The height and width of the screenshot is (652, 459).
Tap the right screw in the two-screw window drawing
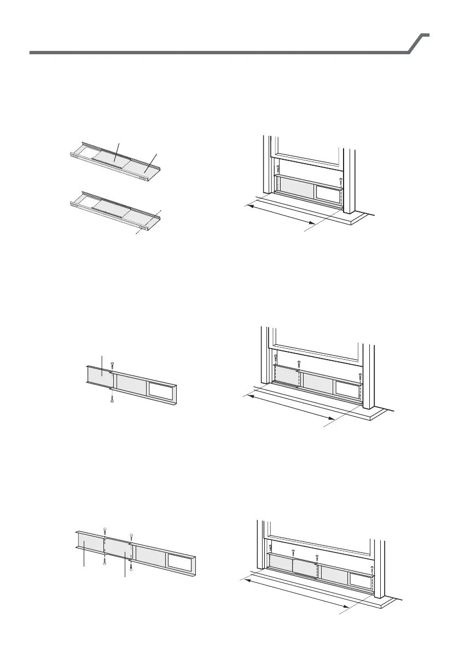point(341,180)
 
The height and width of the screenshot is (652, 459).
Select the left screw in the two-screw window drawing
point(278,169)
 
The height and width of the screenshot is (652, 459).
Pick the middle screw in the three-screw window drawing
point(299,363)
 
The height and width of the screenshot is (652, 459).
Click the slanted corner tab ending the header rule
point(420,43)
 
